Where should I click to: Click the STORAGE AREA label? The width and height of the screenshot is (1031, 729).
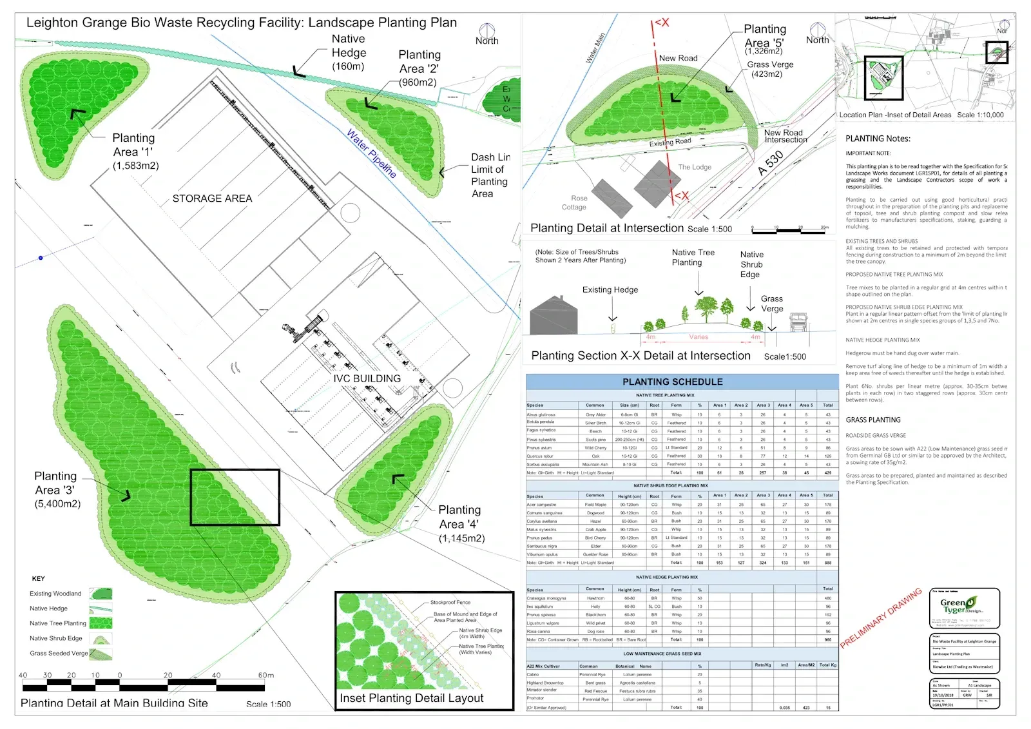point(212,199)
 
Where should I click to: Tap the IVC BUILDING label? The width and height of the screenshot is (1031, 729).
point(367,378)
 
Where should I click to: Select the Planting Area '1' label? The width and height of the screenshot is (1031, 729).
point(134,151)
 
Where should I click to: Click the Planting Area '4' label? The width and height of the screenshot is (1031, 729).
point(460,523)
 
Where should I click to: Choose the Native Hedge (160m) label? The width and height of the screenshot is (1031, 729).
point(349,52)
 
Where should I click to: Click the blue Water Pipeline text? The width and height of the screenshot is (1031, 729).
point(371,153)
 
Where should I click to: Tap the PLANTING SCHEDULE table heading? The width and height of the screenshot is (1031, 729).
point(672,382)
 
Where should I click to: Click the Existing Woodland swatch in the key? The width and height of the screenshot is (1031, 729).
point(101,594)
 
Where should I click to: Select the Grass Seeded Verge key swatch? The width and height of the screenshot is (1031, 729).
point(101,654)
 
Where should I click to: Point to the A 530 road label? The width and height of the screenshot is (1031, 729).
point(771,163)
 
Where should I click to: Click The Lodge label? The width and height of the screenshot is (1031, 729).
point(695,167)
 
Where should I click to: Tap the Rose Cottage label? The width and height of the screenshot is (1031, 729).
point(575,203)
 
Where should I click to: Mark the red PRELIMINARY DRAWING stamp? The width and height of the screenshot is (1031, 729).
point(880,617)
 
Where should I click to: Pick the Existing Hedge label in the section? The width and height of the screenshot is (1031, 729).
point(610,290)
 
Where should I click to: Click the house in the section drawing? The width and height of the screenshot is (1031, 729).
point(554,316)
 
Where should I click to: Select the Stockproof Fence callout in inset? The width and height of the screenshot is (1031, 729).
point(450,602)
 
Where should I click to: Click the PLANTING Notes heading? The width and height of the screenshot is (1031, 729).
point(878,139)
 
